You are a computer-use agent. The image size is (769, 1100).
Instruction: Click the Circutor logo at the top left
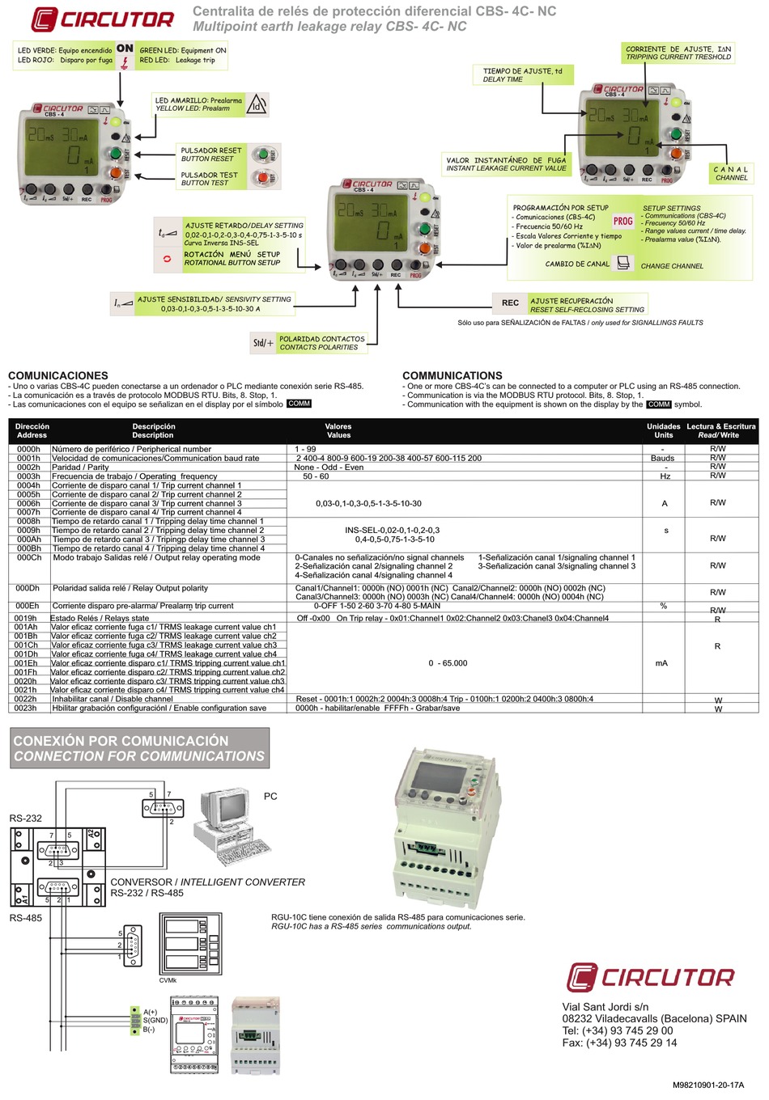(103, 19)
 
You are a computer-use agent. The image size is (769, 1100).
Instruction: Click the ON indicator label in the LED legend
(125, 49)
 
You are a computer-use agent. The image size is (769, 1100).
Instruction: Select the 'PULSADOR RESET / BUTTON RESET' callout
(211, 154)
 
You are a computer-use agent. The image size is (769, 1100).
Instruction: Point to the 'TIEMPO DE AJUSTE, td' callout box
(522, 75)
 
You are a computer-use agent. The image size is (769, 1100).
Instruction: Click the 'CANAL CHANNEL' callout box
(731, 174)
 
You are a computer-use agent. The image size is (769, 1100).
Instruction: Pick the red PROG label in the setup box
(622, 221)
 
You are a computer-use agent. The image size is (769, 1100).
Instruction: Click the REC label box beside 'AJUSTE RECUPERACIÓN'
(510, 303)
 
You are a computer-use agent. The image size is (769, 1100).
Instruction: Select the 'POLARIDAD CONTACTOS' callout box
(321, 343)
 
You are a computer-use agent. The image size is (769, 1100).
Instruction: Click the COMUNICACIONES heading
(58, 375)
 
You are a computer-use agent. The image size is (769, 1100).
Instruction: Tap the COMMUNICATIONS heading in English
(452, 375)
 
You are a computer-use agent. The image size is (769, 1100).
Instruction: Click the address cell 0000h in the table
(28, 449)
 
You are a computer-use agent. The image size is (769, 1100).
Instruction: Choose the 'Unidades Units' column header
(663, 430)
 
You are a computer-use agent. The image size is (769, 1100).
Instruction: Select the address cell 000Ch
(28, 557)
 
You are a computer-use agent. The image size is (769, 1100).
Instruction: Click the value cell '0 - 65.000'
(448, 663)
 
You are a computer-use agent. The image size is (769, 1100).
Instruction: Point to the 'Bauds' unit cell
(662, 458)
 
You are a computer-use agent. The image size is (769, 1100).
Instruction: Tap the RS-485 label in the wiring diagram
(26, 918)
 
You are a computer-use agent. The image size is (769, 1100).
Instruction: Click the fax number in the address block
(619, 1043)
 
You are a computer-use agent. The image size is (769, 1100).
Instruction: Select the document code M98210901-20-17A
(707, 1085)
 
